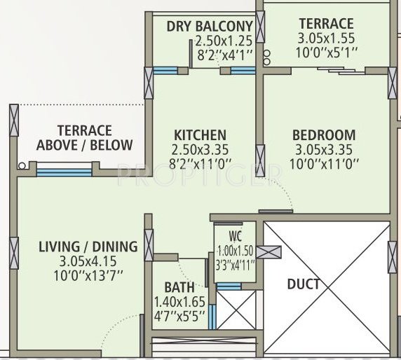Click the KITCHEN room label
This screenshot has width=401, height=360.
(200, 135)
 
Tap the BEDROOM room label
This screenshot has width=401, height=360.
(324, 135)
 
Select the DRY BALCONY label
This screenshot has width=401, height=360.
(210, 27)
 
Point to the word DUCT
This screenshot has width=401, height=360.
(304, 284)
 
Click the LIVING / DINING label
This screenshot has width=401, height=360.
(88, 246)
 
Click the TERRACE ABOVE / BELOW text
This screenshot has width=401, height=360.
(84, 138)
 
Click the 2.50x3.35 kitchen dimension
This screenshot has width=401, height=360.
(200, 150)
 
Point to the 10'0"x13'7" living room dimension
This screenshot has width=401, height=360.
(88, 275)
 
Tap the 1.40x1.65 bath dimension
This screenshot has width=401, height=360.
(179, 302)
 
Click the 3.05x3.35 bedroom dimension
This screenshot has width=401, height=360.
(324, 150)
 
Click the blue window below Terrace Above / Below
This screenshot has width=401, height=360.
(64, 171)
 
